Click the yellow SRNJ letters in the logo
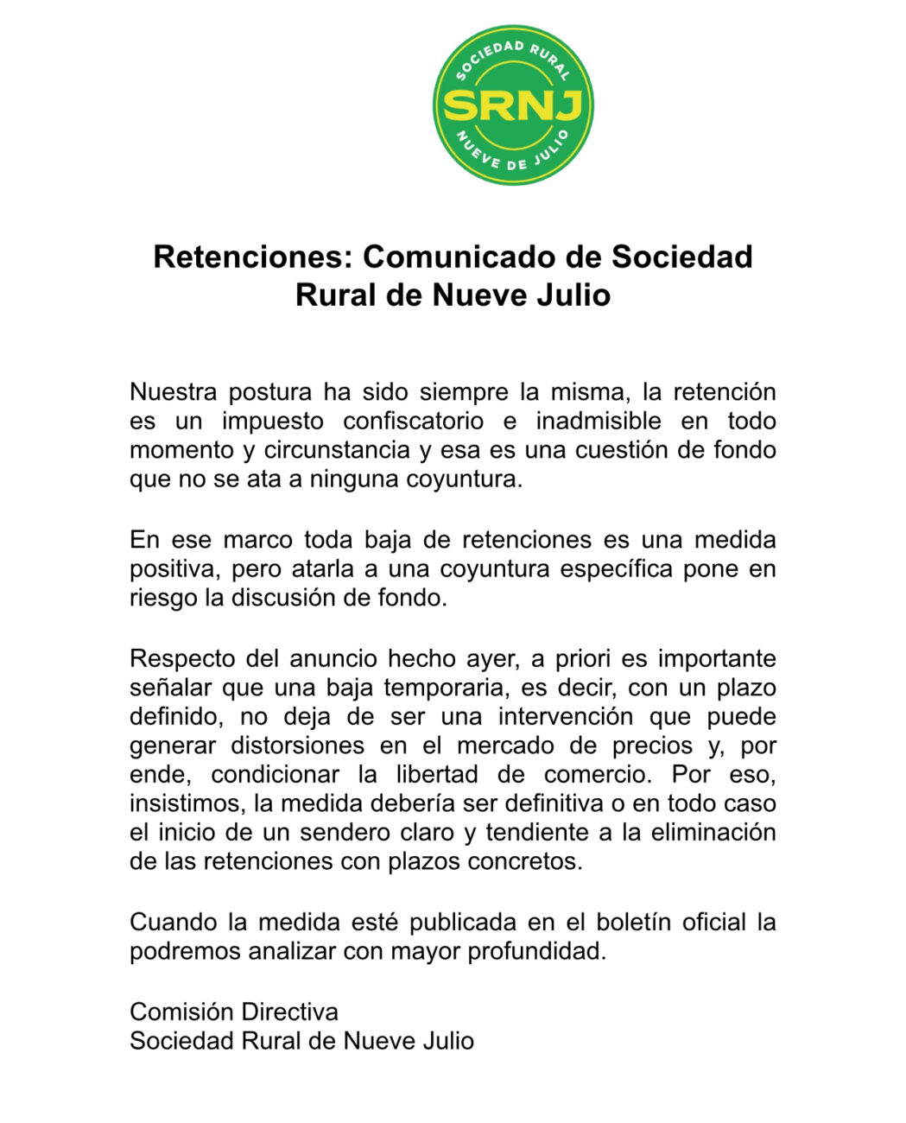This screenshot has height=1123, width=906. [513, 105]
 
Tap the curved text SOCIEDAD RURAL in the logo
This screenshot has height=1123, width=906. [513, 54]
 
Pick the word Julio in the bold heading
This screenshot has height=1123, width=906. [571, 295]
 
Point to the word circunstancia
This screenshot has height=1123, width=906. [337, 450]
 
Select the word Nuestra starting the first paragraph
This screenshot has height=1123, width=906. [173, 392]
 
